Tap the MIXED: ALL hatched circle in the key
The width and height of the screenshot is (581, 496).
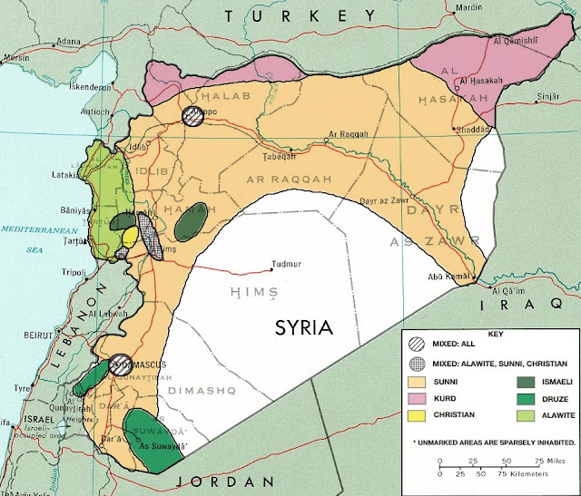point(419,345)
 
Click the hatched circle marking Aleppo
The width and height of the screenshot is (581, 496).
point(192,115)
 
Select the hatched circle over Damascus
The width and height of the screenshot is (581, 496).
point(119,364)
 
